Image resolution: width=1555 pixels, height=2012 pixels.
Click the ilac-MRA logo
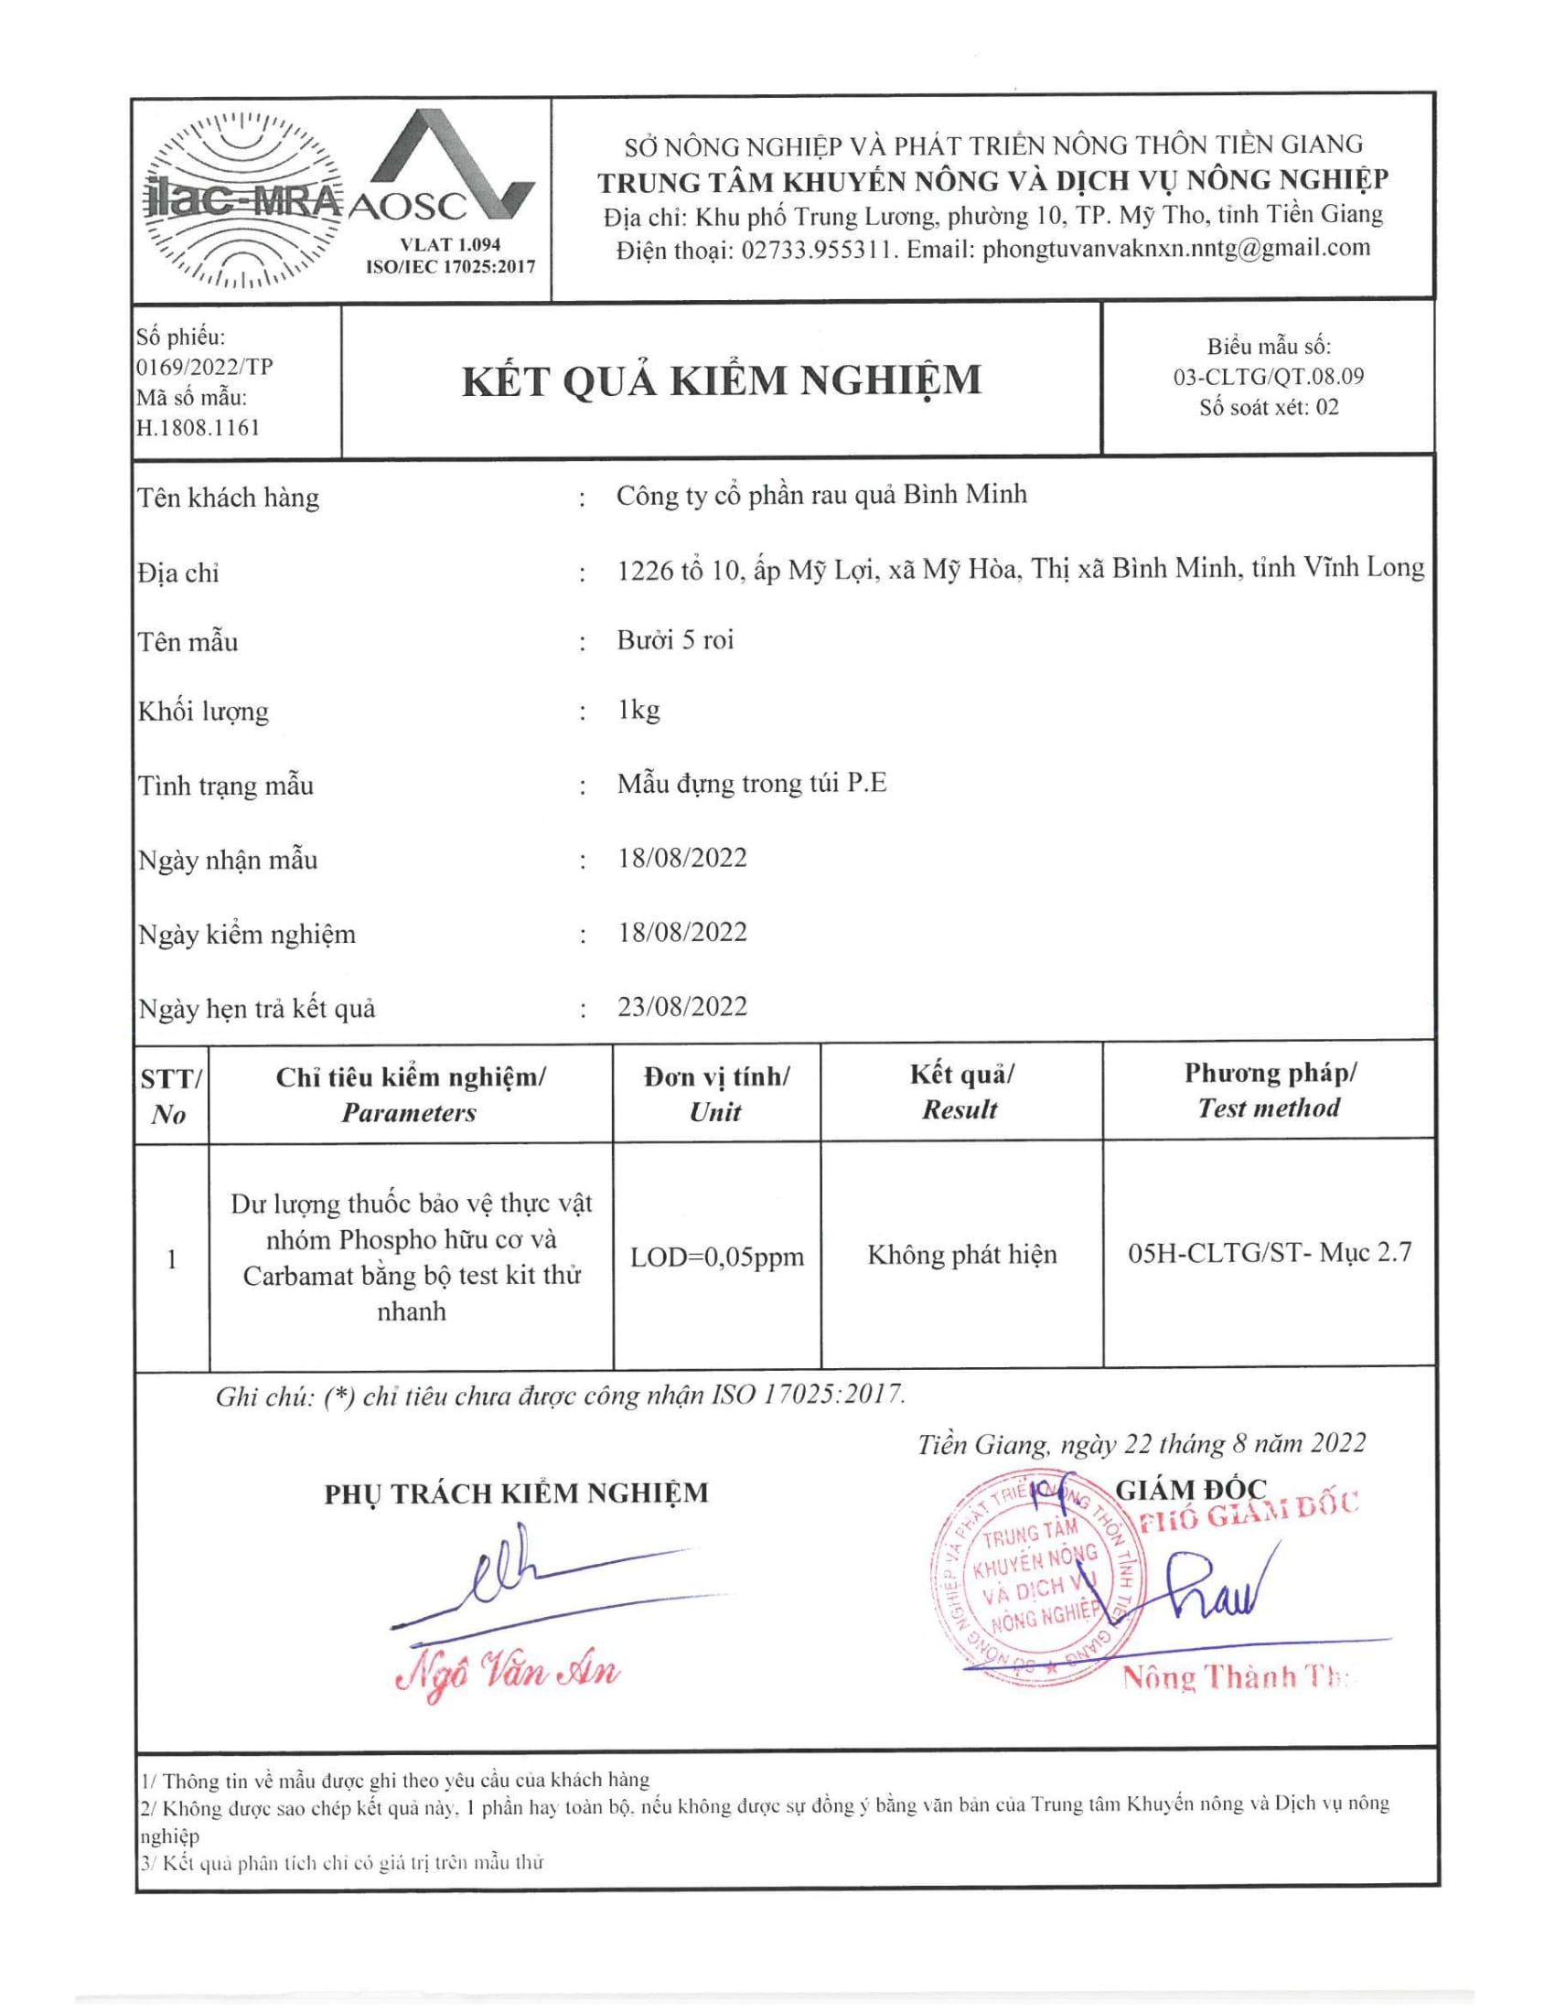point(242,199)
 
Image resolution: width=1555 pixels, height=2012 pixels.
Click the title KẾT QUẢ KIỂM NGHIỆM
point(722,380)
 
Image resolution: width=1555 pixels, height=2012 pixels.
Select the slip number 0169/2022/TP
point(205,367)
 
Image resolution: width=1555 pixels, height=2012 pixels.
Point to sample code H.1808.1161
point(198,427)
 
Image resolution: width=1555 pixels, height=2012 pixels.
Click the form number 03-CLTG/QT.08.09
point(1268,377)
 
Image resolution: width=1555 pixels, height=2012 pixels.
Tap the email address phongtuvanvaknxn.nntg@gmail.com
point(1176,249)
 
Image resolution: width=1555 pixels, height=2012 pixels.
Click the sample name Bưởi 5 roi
point(675,639)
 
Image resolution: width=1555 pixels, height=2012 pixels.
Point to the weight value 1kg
point(638,710)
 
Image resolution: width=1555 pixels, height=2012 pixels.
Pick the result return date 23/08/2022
point(681,1006)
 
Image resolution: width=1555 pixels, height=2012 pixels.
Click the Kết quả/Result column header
point(960,1092)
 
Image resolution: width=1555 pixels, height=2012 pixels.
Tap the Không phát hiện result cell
point(961,1255)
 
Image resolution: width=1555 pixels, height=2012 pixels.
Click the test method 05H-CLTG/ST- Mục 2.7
point(1269,1252)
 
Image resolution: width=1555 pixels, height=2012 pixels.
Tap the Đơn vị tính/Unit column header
point(716,1094)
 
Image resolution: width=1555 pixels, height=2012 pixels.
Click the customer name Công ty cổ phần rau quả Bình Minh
point(820,495)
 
